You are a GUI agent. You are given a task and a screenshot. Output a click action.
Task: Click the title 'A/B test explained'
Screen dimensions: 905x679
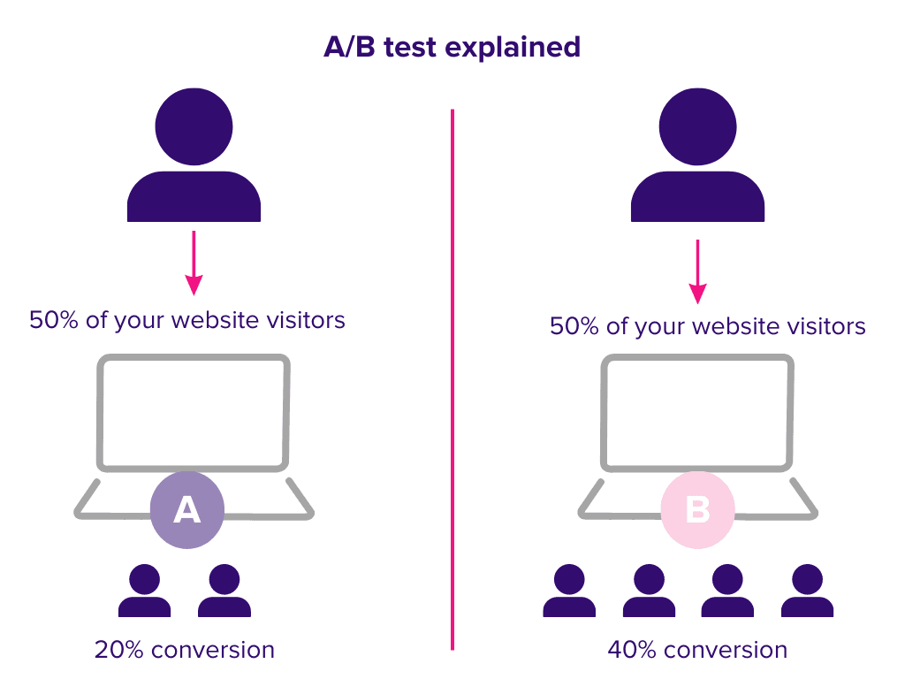[x=452, y=48]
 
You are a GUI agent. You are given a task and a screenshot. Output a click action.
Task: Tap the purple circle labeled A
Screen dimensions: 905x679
[x=187, y=510]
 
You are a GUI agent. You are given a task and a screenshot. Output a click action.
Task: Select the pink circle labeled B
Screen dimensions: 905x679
[x=698, y=510]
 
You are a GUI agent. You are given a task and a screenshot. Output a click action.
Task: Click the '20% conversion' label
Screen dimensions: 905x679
[x=185, y=650]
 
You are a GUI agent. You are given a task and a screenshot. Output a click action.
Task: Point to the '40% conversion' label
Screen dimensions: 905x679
[x=698, y=650]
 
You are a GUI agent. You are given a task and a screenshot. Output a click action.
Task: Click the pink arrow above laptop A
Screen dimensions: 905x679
[x=194, y=263]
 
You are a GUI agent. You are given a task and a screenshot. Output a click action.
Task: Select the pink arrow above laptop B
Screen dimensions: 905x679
[x=698, y=271]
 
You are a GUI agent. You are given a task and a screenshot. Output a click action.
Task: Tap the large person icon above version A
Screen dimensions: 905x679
[x=194, y=155]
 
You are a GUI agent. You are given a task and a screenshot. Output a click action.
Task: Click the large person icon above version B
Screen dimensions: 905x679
[x=698, y=155]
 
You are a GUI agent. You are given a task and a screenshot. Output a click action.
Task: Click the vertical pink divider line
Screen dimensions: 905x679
[x=452, y=379]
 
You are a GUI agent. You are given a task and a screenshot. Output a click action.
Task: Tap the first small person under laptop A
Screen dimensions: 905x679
[x=144, y=591]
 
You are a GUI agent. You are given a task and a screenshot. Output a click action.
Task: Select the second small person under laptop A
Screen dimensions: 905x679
[x=224, y=591]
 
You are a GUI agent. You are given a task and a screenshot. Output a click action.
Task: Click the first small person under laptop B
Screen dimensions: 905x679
[x=569, y=591]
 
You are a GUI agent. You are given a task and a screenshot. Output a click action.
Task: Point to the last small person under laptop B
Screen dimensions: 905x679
[x=808, y=591]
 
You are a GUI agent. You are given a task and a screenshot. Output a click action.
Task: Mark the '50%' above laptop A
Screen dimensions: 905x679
[x=54, y=320]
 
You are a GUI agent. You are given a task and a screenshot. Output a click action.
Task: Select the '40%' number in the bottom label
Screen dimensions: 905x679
[x=632, y=650]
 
